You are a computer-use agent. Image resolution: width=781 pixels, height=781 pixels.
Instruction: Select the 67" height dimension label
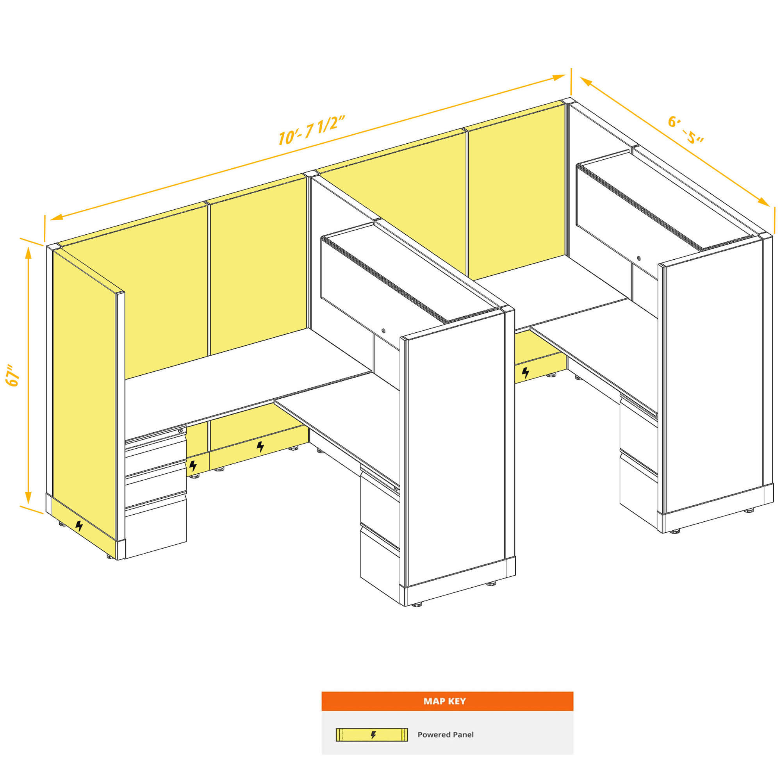(13, 375)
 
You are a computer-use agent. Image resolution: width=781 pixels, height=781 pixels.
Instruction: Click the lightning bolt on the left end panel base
(79, 526)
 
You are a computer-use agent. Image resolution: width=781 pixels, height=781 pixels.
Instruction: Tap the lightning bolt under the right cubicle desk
(526, 372)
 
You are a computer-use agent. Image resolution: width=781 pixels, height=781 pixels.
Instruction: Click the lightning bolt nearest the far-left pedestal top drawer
(193, 466)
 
